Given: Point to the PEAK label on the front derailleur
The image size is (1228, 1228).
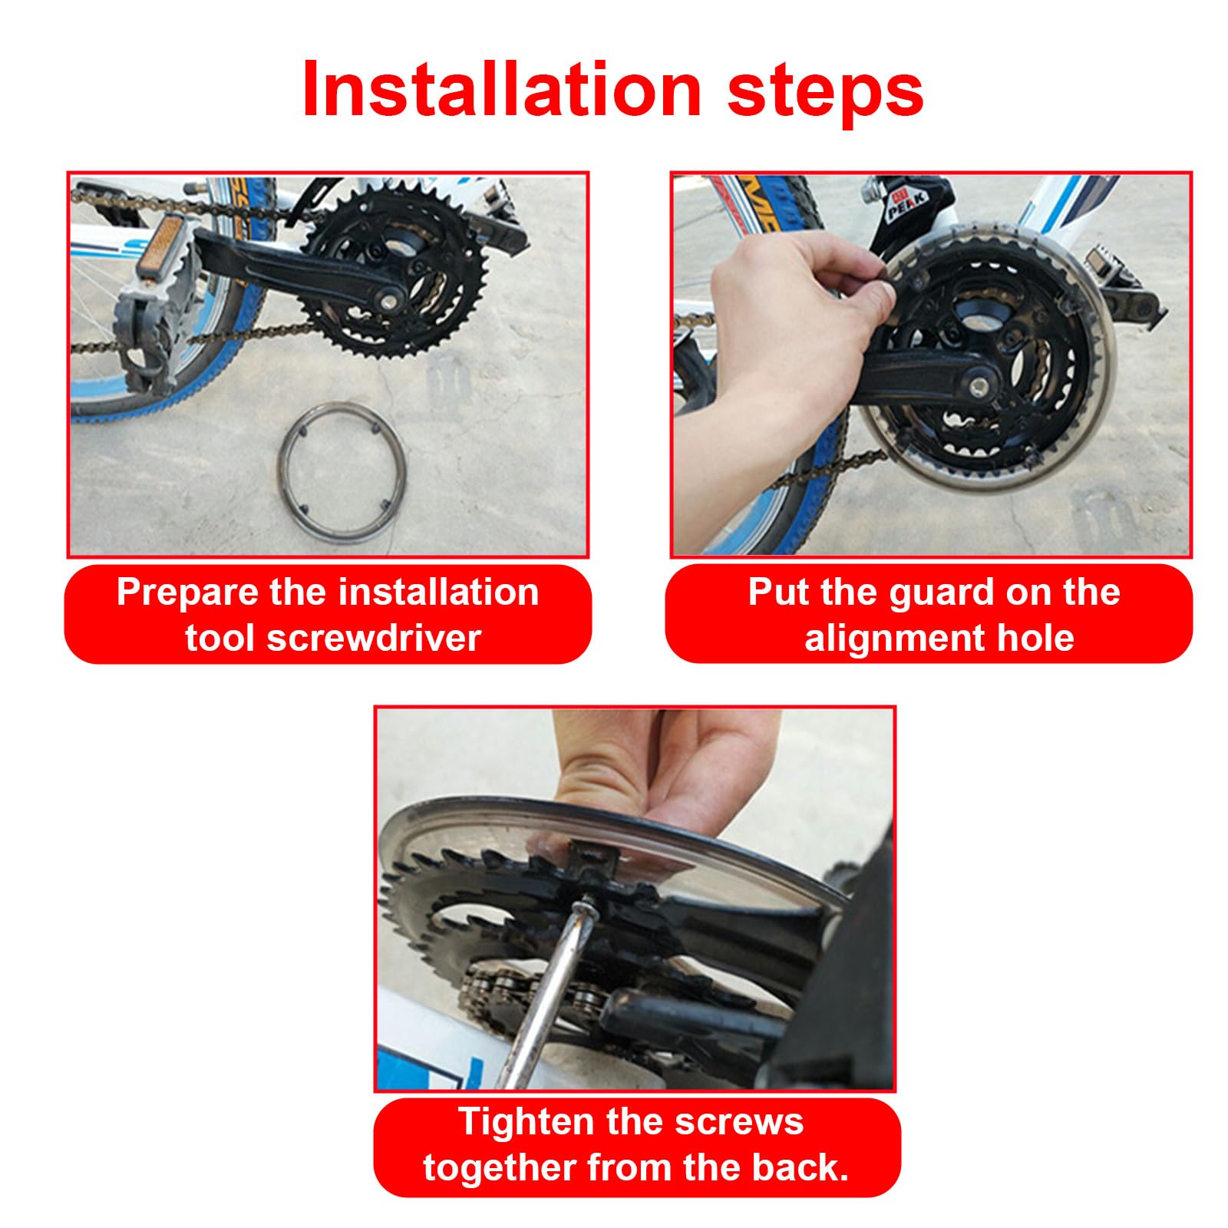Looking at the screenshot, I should (907, 205).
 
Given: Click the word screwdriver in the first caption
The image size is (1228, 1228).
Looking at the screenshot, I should (374, 638).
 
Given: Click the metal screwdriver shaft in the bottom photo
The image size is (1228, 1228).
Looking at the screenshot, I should (549, 998).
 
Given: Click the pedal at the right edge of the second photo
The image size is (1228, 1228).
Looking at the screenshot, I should (1128, 292).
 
